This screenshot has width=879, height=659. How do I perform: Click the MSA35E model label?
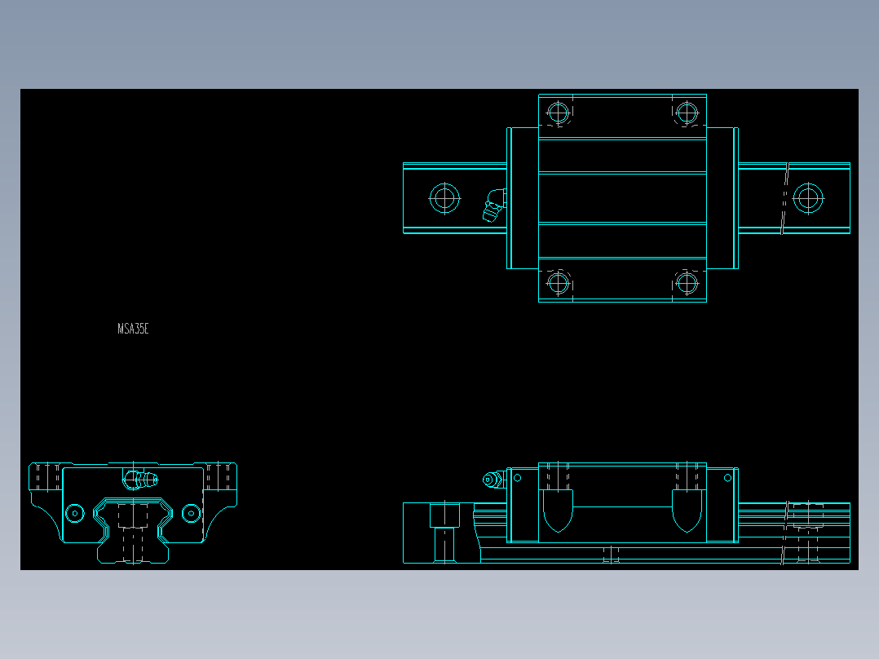coord(133,329)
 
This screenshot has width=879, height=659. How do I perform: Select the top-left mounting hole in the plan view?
coord(558,111)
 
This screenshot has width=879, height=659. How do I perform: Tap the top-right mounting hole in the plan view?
coord(687,111)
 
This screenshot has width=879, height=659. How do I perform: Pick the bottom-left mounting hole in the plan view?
coord(558,283)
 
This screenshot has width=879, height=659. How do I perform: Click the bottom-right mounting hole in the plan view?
coord(687,283)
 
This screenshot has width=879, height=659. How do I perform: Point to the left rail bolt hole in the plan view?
coord(444,198)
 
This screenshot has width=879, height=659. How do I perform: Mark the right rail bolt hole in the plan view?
coord(807,198)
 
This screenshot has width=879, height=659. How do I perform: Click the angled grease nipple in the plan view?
coord(493,206)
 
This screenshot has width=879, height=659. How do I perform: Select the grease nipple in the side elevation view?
coord(493,480)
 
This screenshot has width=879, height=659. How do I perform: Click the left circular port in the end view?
coord(74,513)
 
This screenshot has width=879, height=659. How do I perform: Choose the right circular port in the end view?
coord(191,513)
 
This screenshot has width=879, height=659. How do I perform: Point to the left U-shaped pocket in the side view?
coord(558,509)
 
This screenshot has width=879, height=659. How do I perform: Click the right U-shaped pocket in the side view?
coord(687,509)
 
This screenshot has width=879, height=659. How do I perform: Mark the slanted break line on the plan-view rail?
coord(786,198)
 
